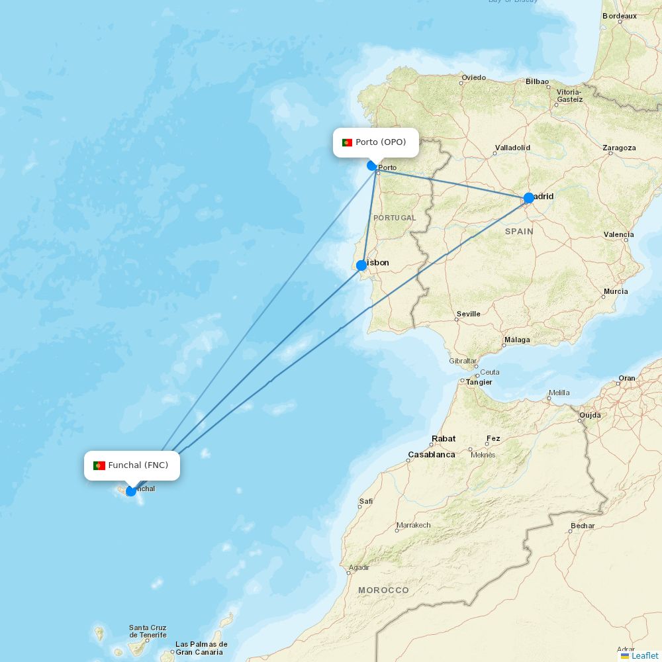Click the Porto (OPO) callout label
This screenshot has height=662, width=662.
point(376,142)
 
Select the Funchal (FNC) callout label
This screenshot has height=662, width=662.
point(132,465)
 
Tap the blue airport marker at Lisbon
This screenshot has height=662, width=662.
point(361,265)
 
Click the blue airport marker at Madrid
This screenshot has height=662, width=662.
point(529,198)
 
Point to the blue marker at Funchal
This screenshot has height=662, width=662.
point(131,491)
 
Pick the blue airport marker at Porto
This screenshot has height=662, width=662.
point(372,165)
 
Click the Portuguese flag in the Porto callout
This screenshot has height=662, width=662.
point(347,142)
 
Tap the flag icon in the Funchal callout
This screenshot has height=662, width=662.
point(99,465)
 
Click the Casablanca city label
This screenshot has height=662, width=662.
point(432,455)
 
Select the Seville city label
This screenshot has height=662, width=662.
point(469,314)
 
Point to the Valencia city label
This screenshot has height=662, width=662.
point(618,234)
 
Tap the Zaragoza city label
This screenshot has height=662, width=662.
point(619,148)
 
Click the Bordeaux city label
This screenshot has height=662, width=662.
point(620,16)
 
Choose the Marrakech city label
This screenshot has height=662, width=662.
point(413,525)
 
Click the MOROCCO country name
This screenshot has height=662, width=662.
point(383,590)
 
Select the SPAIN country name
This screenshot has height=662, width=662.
point(519,231)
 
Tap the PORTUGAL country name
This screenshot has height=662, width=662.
point(395,218)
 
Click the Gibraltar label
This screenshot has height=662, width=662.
point(463,361)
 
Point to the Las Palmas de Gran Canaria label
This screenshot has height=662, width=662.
point(201,647)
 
